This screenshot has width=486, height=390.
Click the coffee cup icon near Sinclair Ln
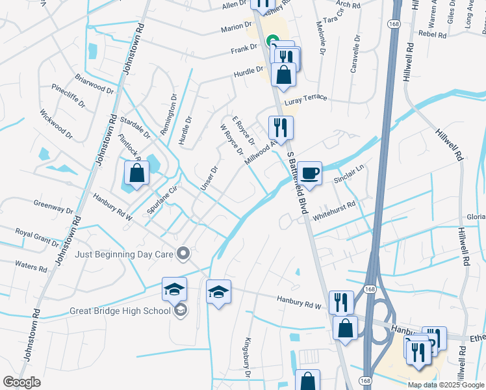(310, 173)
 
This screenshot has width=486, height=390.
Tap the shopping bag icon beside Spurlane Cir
(136, 174)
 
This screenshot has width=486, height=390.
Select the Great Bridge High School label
(120, 311)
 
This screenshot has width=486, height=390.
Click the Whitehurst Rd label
(334, 210)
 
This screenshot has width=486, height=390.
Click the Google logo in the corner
(21, 382)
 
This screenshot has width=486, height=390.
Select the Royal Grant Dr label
(37, 235)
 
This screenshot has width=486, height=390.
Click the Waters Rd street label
(31, 266)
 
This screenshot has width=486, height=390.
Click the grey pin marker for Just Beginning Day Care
(184, 253)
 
